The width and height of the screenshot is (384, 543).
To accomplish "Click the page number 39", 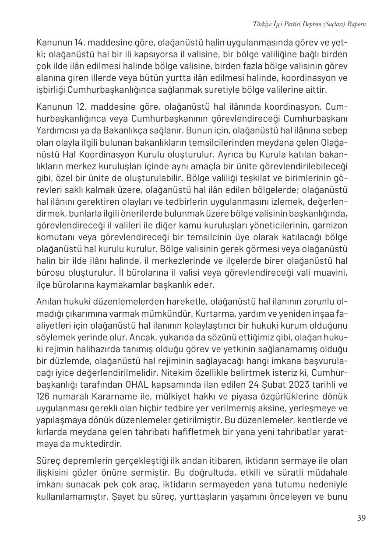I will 361,518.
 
